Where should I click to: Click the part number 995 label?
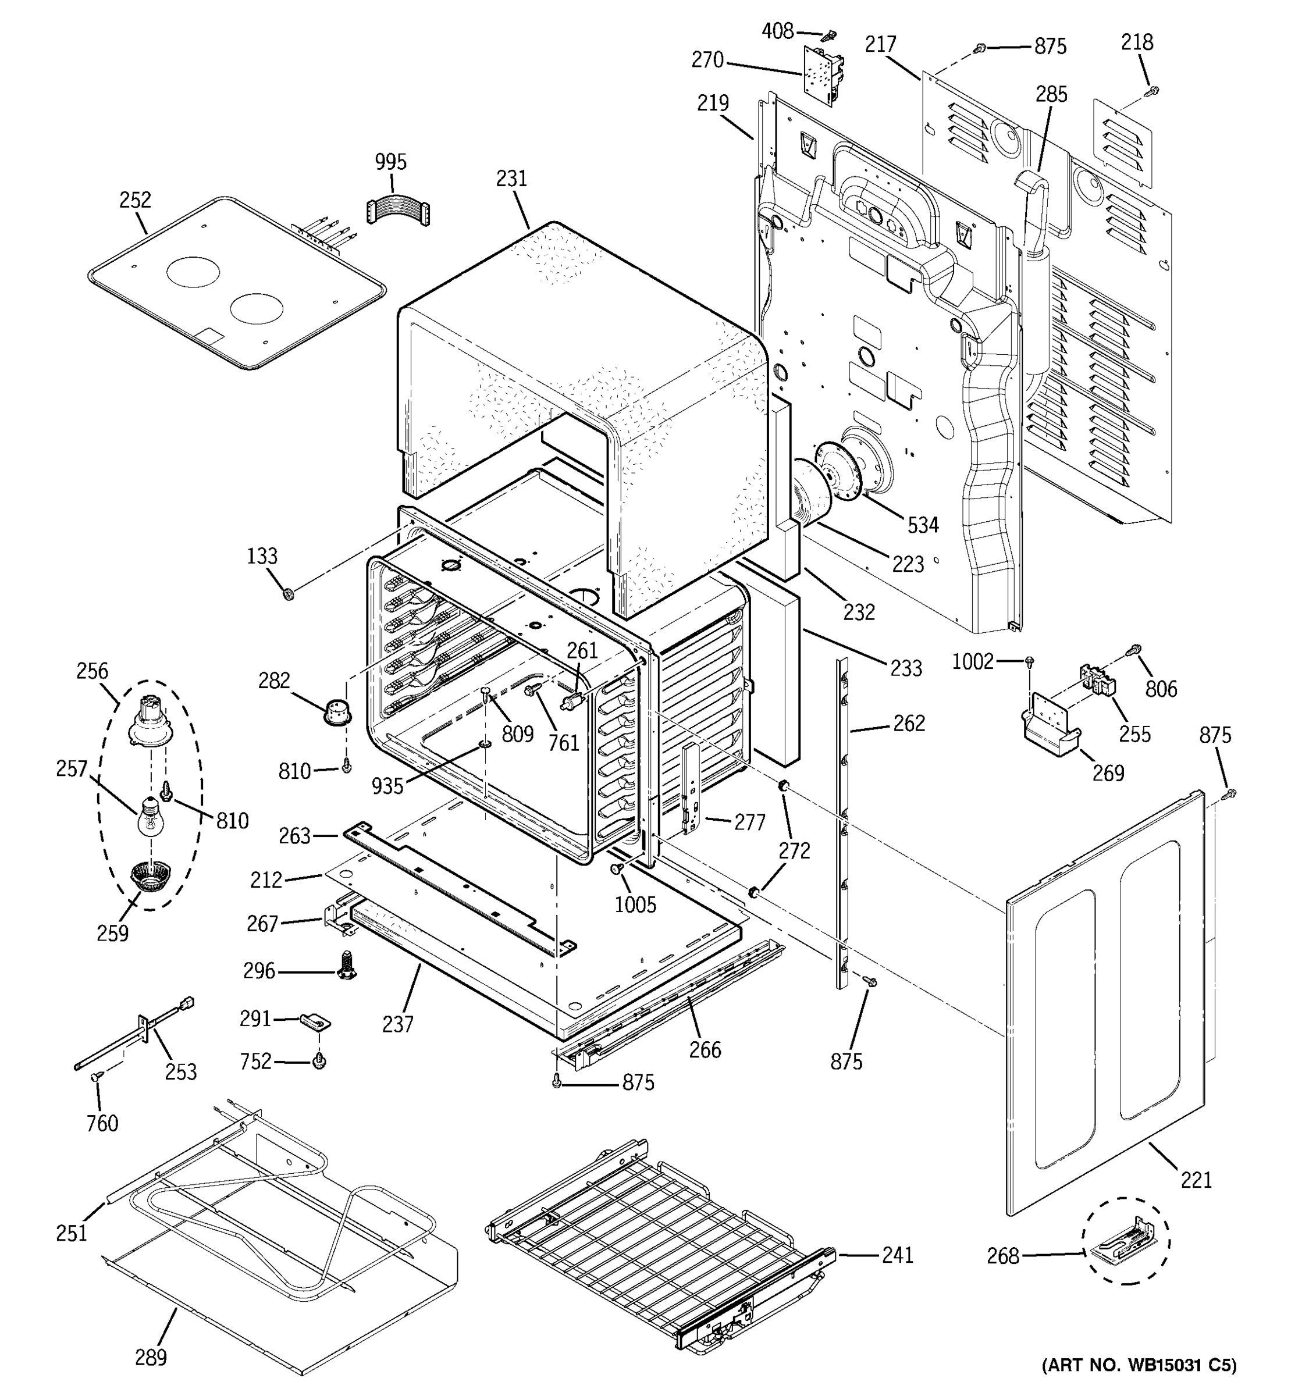point(390,162)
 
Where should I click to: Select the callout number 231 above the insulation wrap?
point(511,179)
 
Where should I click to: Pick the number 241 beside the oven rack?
point(898,1255)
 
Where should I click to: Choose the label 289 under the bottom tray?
point(151,1358)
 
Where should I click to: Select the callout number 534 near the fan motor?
point(923,525)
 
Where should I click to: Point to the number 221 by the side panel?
point(1197,1180)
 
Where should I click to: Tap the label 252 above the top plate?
point(135,200)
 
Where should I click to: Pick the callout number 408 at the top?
point(777,31)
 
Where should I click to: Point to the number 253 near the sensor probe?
point(180,1071)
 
